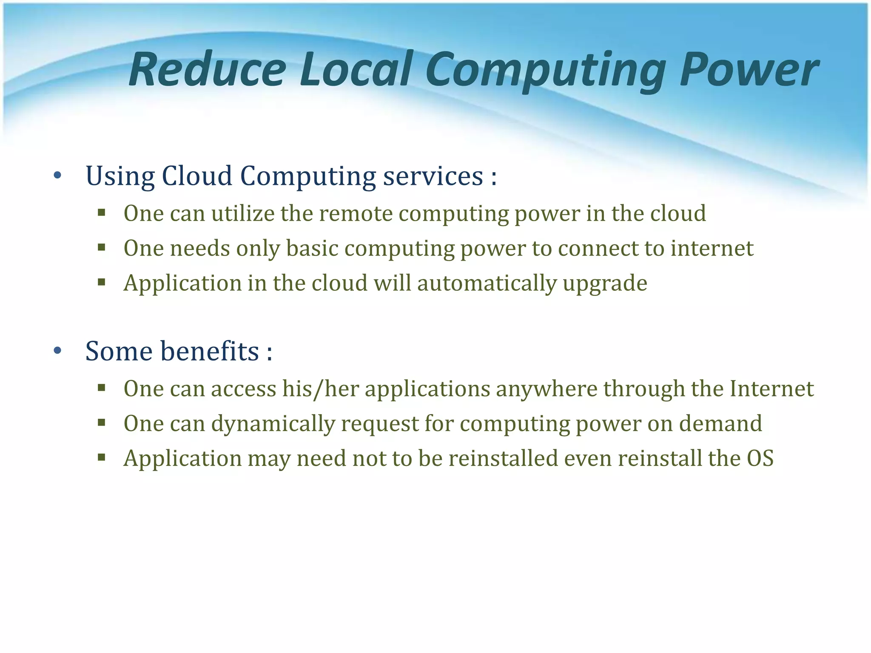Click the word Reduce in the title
point(208,70)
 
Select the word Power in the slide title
point(749,70)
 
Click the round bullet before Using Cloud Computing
point(58,175)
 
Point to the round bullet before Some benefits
point(58,351)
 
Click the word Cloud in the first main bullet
point(197,175)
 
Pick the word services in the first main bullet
point(433,176)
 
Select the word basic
point(312,248)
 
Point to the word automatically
point(487,284)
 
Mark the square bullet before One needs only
point(101,247)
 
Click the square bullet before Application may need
point(101,457)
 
